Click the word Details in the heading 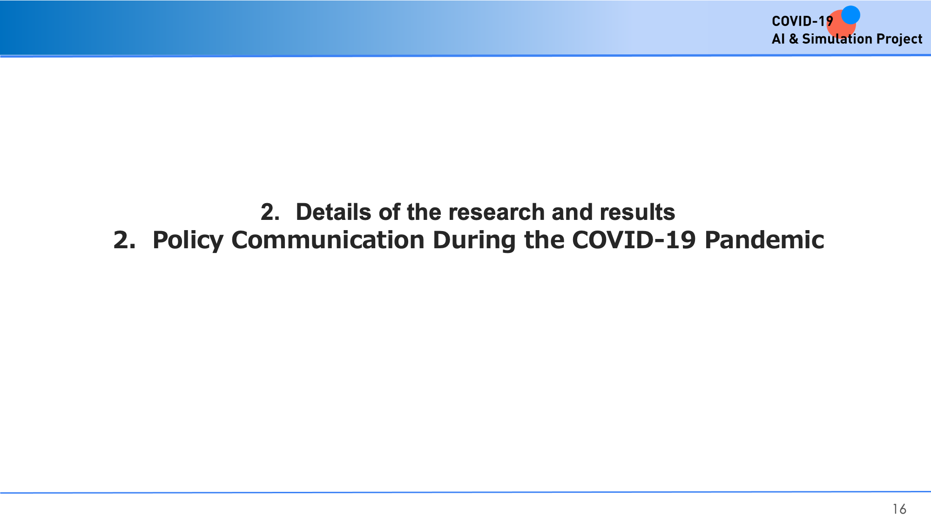click(x=333, y=212)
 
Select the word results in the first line click(x=637, y=212)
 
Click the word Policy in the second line click(x=188, y=241)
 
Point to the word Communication click(x=328, y=240)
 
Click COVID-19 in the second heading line click(x=634, y=240)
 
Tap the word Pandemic click(x=764, y=240)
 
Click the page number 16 click(x=899, y=509)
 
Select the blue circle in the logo click(x=850, y=15)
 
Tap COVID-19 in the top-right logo click(x=802, y=21)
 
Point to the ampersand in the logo click(x=793, y=39)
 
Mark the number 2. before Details click(x=270, y=212)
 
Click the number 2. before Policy click(x=124, y=240)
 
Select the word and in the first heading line click(x=572, y=212)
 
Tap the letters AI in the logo click(x=778, y=39)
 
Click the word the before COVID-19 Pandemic click(x=544, y=240)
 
